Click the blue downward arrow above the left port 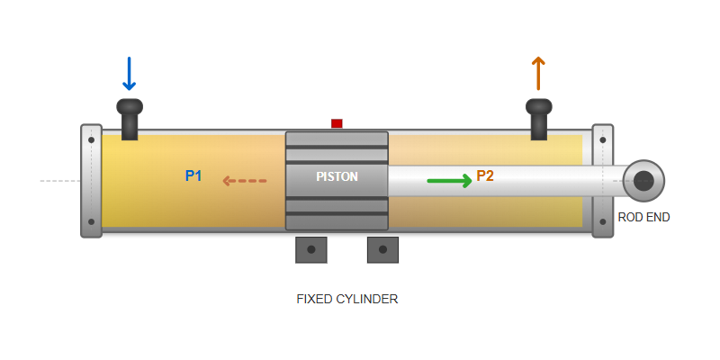pos(129,74)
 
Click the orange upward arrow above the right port pos(538,74)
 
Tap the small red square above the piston pos(337,123)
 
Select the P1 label pos(193,175)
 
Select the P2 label pos(485,175)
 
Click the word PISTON pos(337,176)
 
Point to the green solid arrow pos(449,181)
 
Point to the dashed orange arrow pos(245,181)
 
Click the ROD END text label pos(643,217)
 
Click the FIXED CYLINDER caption pos(347,299)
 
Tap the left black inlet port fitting pos(130,117)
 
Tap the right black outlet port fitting pos(538,117)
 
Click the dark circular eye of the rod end pos(643,181)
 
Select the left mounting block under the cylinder pos(311,249)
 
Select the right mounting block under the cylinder pos(382,249)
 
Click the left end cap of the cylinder pos(91,181)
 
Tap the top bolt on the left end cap pos(91,140)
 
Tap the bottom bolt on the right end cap pos(602,221)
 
